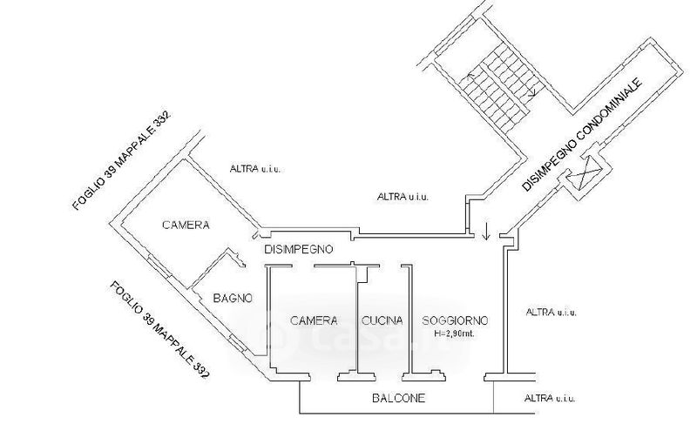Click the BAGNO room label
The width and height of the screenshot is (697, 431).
[x=233, y=298]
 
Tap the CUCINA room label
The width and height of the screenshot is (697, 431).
[x=382, y=320]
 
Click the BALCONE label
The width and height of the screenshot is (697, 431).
[x=398, y=398]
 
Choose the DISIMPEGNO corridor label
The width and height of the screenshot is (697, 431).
[x=298, y=249]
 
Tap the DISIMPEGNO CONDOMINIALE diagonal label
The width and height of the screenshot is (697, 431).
[x=582, y=135]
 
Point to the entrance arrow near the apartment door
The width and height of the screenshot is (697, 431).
[x=486, y=231]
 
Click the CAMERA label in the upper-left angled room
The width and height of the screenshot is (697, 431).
[x=186, y=225]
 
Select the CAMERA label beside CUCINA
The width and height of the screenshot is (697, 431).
[x=314, y=320]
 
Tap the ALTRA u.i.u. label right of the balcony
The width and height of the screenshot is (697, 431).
[x=550, y=398]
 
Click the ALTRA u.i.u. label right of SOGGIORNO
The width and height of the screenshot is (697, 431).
[x=552, y=313]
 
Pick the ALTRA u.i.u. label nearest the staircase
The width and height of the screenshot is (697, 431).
[x=403, y=197]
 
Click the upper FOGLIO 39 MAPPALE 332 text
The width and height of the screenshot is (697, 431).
[x=121, y=160]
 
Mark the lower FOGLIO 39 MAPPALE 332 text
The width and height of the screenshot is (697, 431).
[x=159, y=330]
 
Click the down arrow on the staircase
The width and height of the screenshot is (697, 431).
[x=532, y=91]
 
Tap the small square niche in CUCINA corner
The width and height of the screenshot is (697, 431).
[x=363, y=275]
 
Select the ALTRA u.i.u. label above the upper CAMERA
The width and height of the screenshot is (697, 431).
[x=255, y=169]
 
